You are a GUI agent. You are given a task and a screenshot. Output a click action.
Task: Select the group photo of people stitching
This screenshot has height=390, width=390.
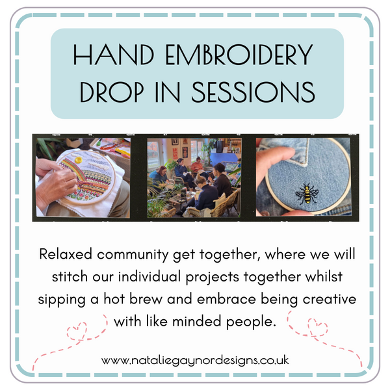194,177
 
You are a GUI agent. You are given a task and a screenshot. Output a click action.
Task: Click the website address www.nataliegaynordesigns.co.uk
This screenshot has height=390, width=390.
195,359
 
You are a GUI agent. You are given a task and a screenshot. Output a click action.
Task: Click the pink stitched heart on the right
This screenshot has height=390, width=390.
316,324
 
